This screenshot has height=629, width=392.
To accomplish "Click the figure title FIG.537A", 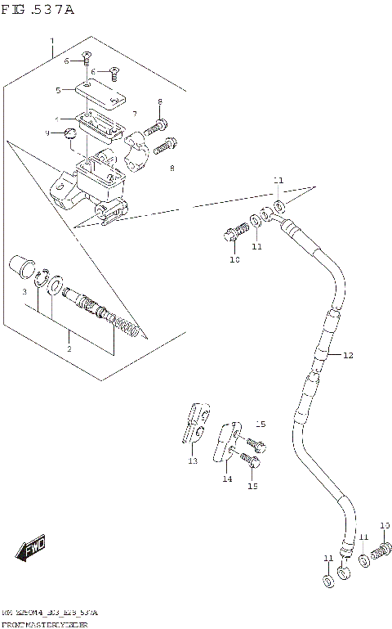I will point(38,10).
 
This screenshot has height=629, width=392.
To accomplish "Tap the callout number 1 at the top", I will point(51,40).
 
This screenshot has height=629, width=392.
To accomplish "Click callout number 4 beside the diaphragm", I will point(57,117).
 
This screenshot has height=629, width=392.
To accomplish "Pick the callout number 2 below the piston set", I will point(69,348).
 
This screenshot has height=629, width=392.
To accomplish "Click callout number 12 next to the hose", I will point(348,355).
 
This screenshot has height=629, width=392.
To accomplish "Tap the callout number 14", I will point(227,479).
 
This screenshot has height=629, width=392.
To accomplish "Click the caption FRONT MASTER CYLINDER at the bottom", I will point(44,623).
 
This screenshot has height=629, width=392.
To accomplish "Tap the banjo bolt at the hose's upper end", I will point(230,234).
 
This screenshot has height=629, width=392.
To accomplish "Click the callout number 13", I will point(193,461).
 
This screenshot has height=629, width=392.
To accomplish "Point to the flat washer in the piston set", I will point(54,288).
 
